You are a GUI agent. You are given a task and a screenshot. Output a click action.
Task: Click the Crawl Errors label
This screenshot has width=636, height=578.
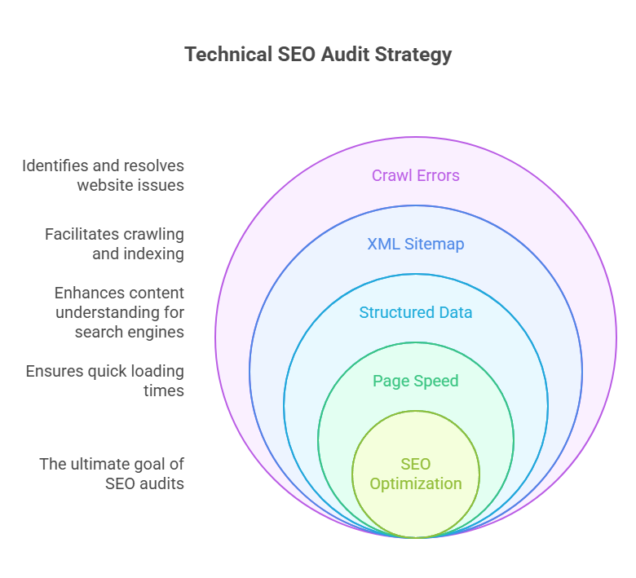[416, 175]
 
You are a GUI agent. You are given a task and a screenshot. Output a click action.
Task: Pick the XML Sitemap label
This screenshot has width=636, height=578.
[416, 244]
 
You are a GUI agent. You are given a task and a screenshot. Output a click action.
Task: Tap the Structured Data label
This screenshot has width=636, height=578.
[416, 312]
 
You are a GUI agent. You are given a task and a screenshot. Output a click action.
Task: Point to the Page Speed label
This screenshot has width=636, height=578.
[416, 381]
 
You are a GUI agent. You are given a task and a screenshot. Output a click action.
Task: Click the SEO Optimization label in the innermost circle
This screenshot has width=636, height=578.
[416, 474]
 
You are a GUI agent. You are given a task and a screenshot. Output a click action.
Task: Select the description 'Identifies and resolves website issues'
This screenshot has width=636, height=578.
[104, 175]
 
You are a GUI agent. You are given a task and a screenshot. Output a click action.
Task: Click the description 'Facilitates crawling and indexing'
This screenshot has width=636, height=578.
[115, 244]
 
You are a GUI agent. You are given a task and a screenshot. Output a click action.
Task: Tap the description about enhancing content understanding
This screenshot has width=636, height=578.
[119, 312]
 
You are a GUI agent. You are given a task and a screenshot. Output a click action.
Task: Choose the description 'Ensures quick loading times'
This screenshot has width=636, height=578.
[105, 381]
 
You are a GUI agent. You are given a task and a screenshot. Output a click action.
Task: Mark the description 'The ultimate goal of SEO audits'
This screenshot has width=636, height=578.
[113, 474]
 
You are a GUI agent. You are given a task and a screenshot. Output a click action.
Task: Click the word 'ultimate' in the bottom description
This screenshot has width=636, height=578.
[98, 464]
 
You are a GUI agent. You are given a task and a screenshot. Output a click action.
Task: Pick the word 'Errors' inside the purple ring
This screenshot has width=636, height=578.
[438, 175]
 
